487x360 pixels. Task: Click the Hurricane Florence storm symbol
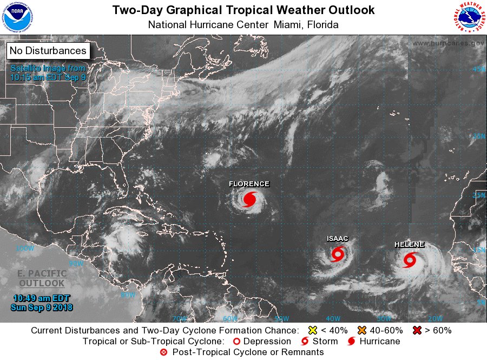click(x=249, y=199)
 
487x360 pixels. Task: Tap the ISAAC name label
click(x=337, y=239)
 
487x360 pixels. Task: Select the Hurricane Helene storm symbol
click(x=410, y=260)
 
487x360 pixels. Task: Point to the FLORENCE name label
click(x=249, y=184)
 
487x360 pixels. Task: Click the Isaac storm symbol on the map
click(x=338, y=253)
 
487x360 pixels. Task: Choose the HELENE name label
click(x=409, y=245)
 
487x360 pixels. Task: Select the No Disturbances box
click(x=48, y=51)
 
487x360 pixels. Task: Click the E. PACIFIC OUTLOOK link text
click(x=42, y=278)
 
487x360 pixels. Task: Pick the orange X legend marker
click(x=362, y=330)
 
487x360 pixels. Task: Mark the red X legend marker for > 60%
click(x=417, y=330)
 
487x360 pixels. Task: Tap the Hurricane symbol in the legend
click(x=352, y=342)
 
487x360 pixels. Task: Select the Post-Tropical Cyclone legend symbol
click(x=163, y=352)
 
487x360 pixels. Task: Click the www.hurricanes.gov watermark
click(x=447, y=43)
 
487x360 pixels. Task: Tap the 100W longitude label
click(x=24, y=248)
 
